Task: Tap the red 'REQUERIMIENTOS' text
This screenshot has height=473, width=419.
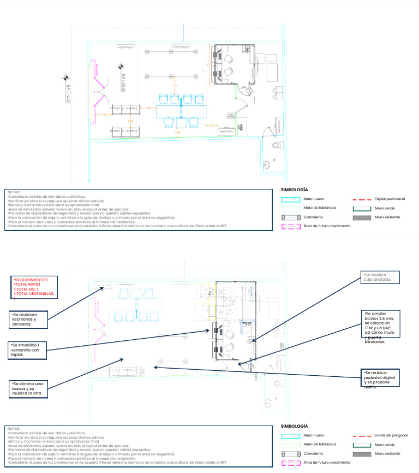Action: point(32,280)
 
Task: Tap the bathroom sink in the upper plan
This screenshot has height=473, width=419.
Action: point(266,164)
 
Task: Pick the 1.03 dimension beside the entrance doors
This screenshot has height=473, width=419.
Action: point(104,115)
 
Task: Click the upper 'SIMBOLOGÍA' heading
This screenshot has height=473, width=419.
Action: point(294,189)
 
